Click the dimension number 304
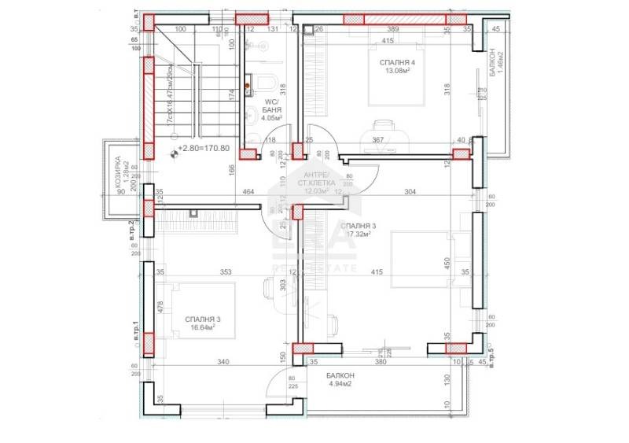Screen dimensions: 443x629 coord(410,192)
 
